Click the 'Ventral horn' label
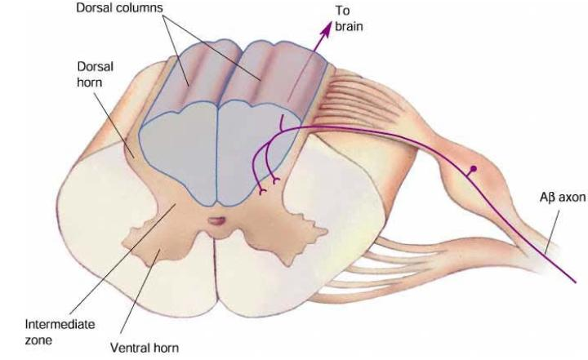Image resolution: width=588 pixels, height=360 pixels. tap(144, 347)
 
